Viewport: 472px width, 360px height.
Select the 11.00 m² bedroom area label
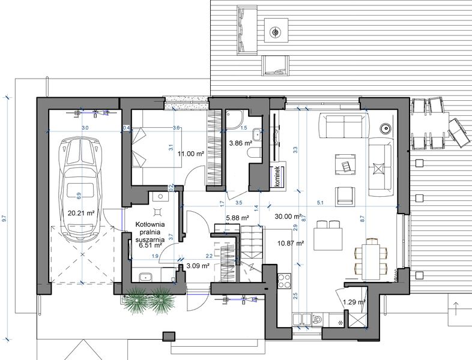[191, 154]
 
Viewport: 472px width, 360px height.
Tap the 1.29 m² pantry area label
[354, 302]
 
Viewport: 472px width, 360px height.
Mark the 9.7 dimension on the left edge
[5, 219]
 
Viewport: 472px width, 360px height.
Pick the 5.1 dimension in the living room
[320, 202]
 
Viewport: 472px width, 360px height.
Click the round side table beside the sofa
[384, 127]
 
